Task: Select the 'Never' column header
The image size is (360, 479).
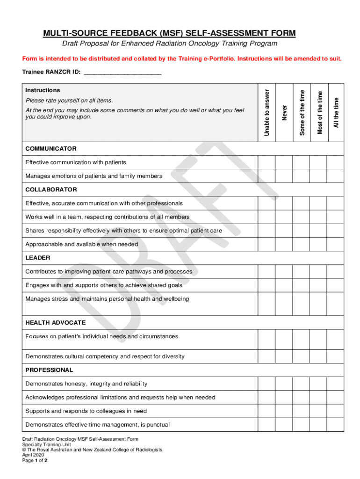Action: click(x=284, y=112)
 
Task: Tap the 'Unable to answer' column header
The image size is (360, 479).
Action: click(x=266, y=112)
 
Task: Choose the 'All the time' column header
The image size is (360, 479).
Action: click(x=335, y=112)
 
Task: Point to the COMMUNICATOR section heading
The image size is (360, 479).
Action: click(x=51, y=149)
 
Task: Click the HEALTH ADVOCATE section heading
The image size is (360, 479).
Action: click(x=55, y=323)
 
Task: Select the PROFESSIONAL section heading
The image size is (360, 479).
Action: click(x=49, y=370)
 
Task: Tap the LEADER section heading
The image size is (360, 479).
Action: click(x=38, y=258)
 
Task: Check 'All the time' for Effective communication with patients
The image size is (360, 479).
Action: click(x=335, y=162)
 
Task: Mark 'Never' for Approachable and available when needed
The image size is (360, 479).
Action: click(x=283, y=244)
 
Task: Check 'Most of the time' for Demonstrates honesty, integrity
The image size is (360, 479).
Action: click(x=318, y=384)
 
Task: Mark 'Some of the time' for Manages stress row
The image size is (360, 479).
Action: click(x=301, y=303)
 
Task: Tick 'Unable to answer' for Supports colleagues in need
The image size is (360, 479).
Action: click(x=266, y=411)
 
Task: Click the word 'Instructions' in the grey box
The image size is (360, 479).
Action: click(x=43, y=90)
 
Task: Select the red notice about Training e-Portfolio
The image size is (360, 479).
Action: click(x=182, y=59)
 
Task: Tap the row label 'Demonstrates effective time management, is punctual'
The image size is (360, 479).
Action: click(x=97, y=425)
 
